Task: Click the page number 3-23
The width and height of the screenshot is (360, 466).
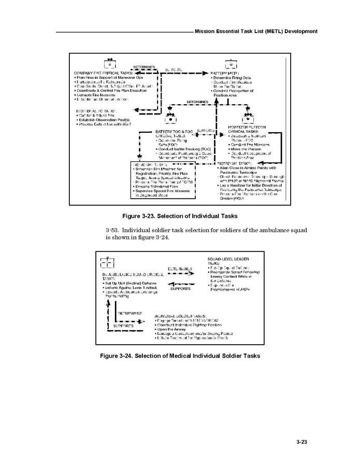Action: coord(302,442)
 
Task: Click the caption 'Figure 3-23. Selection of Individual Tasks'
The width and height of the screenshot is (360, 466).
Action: coord(179,215)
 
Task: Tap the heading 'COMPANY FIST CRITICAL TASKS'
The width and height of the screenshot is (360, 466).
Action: coord(101,72)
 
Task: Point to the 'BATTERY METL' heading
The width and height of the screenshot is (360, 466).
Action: coord(225,73)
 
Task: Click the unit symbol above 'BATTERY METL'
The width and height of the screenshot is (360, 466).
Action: coord(231,64)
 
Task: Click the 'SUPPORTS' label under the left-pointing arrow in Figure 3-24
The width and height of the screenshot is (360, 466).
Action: coord(180,289)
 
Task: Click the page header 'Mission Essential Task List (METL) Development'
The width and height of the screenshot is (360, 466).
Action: coord(256,32)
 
